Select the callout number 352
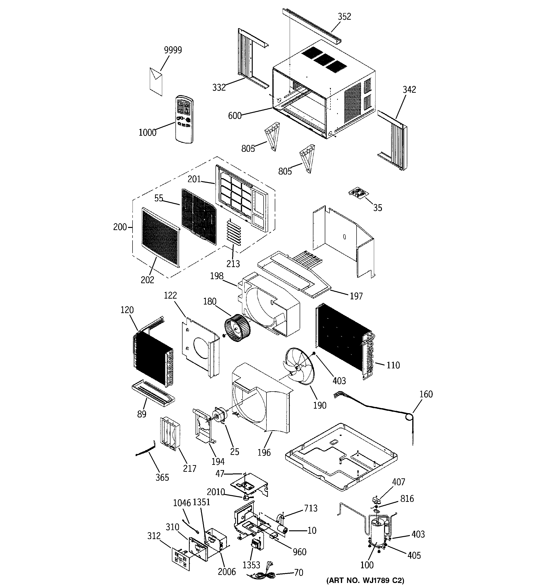pyautogui.click(x=344, y=17)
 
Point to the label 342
pyautogui.click(x=409, y=89)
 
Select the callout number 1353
pyautogui.click(x=251, y=565)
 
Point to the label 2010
pyautogui.click(x=216, y=492)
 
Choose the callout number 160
pyautogui.click(x=426, y=394)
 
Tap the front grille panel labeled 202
pyautogui.click(x=160, y=236)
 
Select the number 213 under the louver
pyautogui.click(x=233, y=263)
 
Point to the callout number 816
pyautogui.click(x=407, y=499)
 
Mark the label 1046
pyautogui.click(x=182, y=503)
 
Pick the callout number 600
pyautogui.click(x=235, y=116)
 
